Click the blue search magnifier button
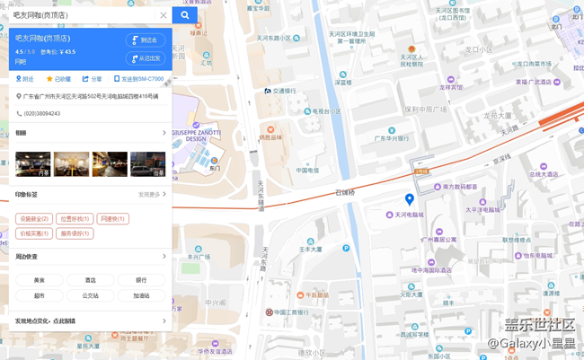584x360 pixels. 185,15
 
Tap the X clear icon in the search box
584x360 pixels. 164,15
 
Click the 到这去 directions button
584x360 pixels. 146,40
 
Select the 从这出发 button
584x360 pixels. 146,58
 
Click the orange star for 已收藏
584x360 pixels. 50,79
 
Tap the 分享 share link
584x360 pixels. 93,79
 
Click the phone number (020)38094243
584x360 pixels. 42,114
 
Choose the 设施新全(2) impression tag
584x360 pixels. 33,219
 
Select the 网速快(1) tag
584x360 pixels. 113,219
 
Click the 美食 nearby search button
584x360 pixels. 40,280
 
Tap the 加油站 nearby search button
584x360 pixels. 141,295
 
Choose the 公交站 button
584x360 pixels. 91,295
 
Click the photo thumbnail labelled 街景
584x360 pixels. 148,163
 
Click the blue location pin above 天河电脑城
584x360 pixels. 410,199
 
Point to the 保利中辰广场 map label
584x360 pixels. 425,109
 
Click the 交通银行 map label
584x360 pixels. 282,91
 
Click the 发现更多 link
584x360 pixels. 151,194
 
